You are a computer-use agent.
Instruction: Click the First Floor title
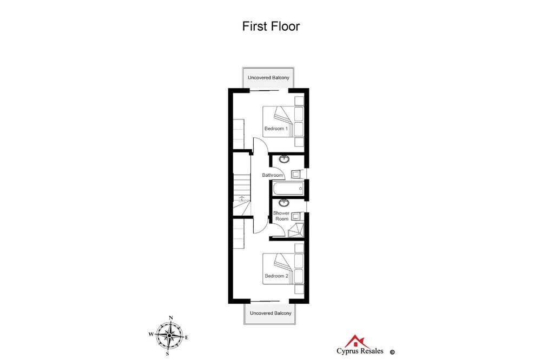271,26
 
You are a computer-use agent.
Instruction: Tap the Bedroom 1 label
276,129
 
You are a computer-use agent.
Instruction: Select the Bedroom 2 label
276,276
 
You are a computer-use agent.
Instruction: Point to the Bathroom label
272,175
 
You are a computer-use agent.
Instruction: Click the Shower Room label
281,216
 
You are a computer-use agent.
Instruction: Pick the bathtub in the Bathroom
288,189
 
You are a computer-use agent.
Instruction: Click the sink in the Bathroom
285,159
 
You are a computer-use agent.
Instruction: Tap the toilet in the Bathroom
296,174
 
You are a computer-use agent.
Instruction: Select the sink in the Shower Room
284,203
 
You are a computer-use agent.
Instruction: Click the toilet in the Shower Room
296,217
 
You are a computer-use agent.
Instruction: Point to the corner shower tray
296,230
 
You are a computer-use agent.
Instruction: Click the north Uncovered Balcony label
268,78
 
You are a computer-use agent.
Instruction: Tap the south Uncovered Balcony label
270,313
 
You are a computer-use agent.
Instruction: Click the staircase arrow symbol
242,198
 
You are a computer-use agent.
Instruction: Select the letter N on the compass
170,318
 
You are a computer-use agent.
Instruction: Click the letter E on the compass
187,338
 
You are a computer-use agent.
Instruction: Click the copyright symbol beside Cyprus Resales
392,352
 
